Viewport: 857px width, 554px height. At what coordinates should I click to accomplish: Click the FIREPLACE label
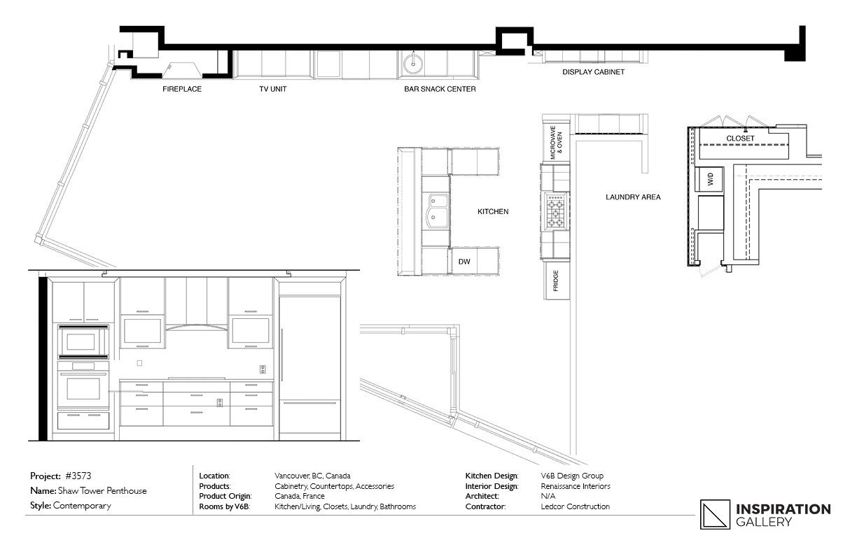[182, 89]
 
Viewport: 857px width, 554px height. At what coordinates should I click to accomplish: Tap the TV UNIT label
[273, 89]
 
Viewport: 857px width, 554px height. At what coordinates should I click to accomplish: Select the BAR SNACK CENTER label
[440, 89]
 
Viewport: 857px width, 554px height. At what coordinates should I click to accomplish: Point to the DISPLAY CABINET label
[594, 72]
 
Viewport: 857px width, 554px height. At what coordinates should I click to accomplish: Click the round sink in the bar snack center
[413, 64]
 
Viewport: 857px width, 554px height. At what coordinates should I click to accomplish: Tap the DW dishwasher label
[464, 262]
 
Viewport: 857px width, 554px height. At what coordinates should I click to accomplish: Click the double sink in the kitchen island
[438, 211]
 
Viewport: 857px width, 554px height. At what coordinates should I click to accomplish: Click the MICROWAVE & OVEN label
[556, 143]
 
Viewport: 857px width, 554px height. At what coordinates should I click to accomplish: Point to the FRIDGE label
[556, 280]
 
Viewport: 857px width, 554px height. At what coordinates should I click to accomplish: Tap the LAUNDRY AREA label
[633, 197]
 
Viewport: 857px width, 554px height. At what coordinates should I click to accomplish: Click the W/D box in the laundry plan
[709, 179]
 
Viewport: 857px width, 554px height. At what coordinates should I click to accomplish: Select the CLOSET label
[740, 138]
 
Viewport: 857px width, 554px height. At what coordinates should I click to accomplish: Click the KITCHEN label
[493, 211]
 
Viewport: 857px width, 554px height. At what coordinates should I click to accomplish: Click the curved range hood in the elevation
[196, 327]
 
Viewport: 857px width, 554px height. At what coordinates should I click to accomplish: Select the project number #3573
[78, 476]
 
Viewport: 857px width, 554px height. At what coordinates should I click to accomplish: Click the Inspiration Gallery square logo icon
[715, 515]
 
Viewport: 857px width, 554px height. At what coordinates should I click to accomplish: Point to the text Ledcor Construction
[575, 506]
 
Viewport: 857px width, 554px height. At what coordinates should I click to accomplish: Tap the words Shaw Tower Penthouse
[102, 491]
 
